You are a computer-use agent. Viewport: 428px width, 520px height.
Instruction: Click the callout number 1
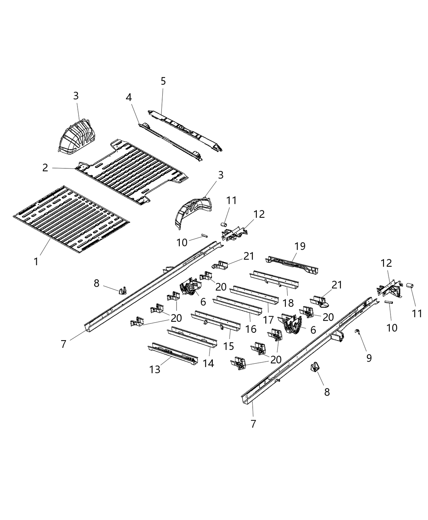pyautogui.click(x=36, y=261)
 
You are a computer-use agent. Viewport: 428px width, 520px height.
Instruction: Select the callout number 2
pyautogui.click(x=45, y=168)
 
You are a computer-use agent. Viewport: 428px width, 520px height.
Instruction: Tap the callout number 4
pyautogui.click(x=129, y=98)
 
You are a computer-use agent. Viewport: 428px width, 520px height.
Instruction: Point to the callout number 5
pyautogui.click(x=163, y=81)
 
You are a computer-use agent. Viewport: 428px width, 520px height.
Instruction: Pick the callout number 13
pyautogui.click(x=155, y=369)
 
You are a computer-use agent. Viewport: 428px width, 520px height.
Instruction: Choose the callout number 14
pyautogui.click(x=208, y=363)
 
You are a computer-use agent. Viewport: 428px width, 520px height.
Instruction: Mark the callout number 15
pyautogui.click(x=229, y=346)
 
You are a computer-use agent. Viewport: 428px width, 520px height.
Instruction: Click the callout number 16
pyautogui.click(x=251, y=328)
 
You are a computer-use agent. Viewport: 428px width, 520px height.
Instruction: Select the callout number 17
pyautogui.click(x=268, y=320)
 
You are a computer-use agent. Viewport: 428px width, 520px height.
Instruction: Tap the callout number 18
pyautogui.click(x=288, y=303)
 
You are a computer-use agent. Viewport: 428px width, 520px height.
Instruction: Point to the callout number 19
pyautogui.click(x=300, y=246)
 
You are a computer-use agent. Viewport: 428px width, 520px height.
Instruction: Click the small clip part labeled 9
pyautogui.click(x=357, y=332)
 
